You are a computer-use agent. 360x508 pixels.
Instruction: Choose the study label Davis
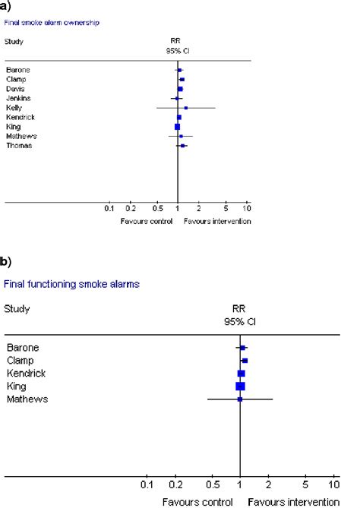click(x=15, y=89)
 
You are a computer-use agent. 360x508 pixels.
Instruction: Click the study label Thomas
click(x=18, y=145)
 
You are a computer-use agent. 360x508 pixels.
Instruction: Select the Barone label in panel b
click(x=24, y=348)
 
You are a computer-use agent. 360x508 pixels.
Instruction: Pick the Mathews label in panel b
click(x=27, y=398)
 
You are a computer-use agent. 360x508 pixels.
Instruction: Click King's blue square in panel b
click(x=241, y=386)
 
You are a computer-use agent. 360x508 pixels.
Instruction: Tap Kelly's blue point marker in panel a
click(x=186, y=108)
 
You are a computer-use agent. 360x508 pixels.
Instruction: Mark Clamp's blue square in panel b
click(x=245, y=361)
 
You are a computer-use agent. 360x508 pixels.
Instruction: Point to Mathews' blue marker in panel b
click(x=240, y=399)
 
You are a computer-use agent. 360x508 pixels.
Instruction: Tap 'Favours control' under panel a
click(x=141, y=221)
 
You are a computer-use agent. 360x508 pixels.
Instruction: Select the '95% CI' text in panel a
click(x=176, y=50)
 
